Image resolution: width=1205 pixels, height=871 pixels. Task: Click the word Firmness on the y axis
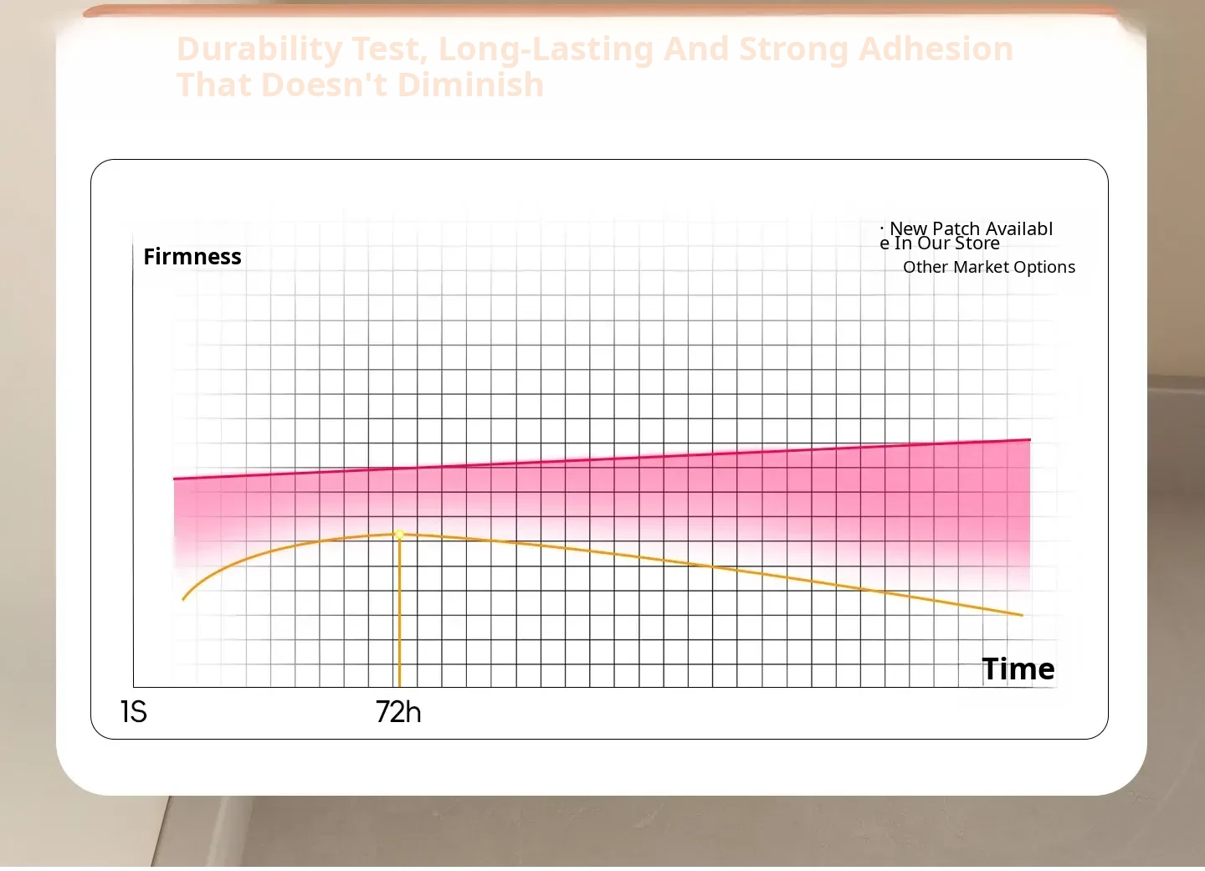coord(192,257)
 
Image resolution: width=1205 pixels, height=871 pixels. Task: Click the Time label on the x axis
coord(1018,669)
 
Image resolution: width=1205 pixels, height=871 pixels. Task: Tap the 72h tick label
coord(398,712)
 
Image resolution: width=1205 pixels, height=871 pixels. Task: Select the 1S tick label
coord(134,712)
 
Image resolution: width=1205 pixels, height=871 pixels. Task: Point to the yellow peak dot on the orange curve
coord(400,534)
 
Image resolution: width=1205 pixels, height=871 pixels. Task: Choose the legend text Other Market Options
coord(988,267)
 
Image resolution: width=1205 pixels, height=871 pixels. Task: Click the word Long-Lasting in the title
coord(546,49)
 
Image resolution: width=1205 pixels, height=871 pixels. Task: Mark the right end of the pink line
coord(1029,439)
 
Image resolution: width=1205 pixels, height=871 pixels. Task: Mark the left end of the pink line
coord(175,479)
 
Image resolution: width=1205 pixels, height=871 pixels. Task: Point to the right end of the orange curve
coord(1021,615)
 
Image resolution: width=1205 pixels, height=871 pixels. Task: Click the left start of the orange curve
coord(183,598)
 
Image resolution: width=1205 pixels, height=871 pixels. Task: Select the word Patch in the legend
coord(956,228)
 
